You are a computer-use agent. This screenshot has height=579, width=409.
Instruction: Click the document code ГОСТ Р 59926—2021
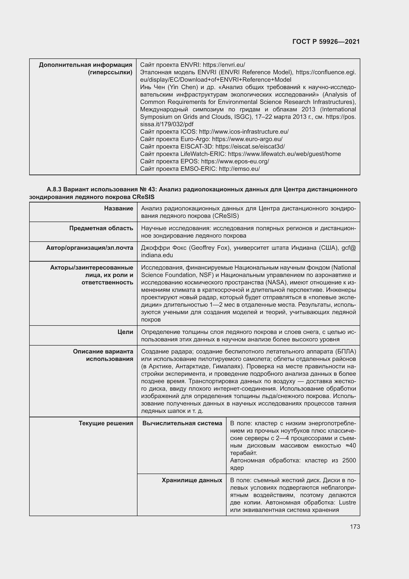(326, 42)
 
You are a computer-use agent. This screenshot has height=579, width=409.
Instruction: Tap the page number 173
(355, 527)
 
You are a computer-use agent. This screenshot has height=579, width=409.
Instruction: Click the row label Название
(119, 208)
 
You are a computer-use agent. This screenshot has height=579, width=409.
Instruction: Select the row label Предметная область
(101, 228)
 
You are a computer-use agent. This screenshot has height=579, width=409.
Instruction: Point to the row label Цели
(125, 332)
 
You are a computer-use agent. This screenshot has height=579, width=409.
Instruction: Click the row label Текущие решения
(106, 423)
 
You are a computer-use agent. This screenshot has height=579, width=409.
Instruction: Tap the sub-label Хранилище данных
(192, 480)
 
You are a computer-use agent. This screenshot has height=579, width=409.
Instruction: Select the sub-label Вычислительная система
(182, 423)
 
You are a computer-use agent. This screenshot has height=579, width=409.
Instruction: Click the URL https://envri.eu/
(224, 65)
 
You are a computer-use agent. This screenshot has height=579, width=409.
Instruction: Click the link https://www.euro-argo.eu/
(247, 139)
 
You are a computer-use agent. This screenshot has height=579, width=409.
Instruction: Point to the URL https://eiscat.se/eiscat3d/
(250, 147)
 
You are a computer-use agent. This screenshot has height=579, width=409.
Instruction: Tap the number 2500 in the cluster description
(349, 460)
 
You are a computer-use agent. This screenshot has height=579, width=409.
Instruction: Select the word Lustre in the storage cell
(347, 502)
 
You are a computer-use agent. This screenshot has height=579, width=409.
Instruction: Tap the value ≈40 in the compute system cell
(351, 445)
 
